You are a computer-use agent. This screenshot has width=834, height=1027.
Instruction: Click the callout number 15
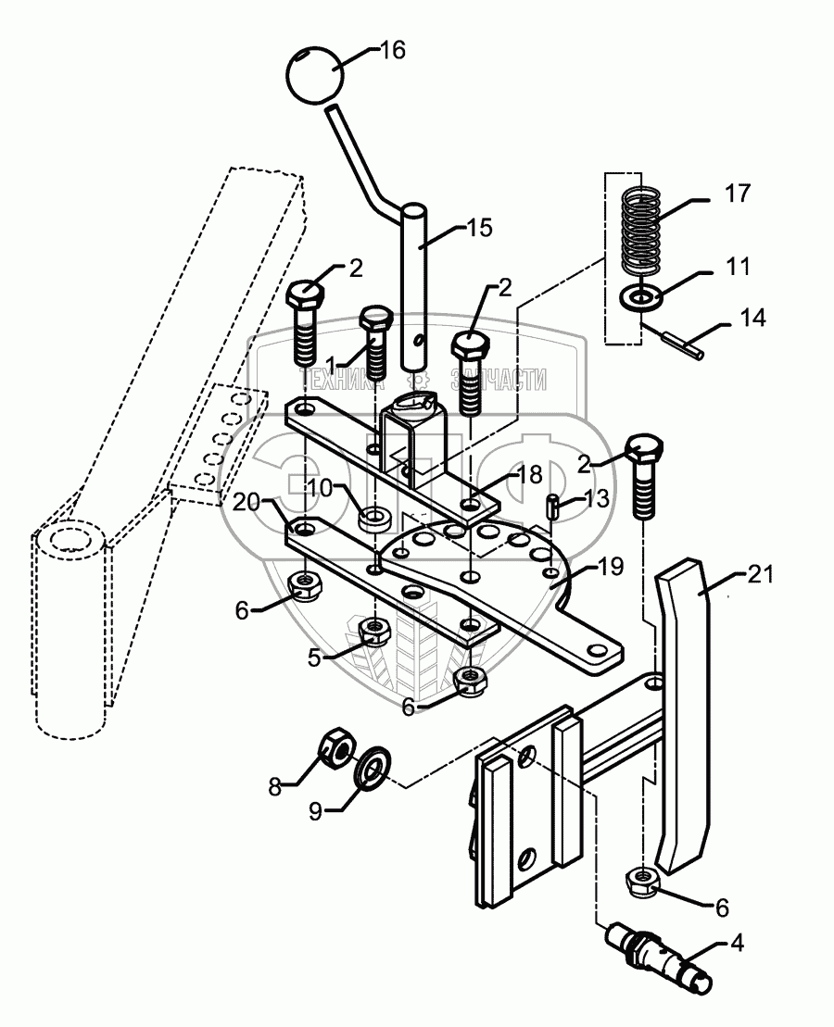tap(481, 228)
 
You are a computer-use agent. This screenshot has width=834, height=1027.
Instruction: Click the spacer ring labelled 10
tap(375, 517)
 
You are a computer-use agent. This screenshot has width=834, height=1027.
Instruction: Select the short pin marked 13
tap(552, 507)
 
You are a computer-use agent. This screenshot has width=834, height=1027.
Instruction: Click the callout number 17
tap(739, 194)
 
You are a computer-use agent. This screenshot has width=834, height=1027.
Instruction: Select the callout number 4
tap(737, 946)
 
